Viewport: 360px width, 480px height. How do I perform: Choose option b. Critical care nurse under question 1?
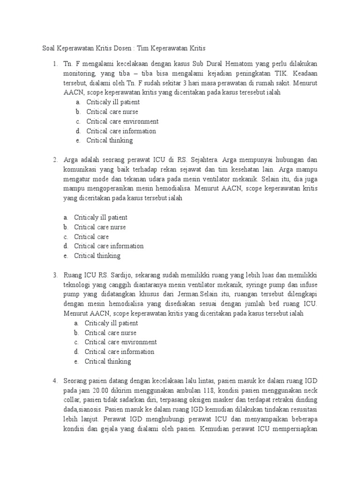[x=112, y=112]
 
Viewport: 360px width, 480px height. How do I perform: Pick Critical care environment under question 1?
[x=122, y=121]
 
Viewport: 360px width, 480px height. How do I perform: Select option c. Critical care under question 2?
[x=91, y=237]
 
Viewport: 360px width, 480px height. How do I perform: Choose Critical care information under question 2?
[x=109, y=246]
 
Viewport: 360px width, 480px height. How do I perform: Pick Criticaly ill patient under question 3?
[x=112, y=323]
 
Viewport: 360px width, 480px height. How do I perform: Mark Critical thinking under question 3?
[x=108, y=361]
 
